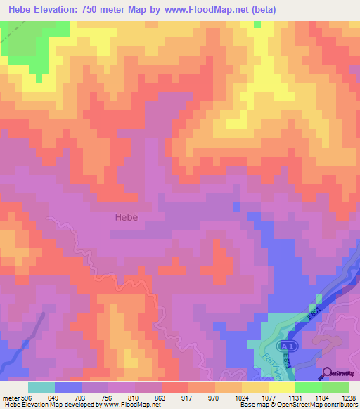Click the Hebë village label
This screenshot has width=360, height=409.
click(x=125, y=217)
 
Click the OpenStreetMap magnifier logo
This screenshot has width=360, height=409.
click(x=327, y=372)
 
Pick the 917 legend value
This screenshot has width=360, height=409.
click(x=188, y=397)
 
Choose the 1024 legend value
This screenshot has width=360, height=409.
click(x=241, y=397)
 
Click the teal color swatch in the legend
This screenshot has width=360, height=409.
click(x=41, y=387)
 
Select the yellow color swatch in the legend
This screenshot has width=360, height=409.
click(x=255, y=387)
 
